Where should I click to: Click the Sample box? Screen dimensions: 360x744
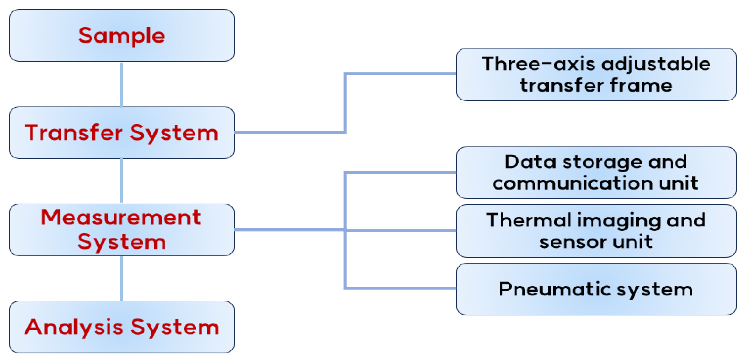click(x=122, y=36)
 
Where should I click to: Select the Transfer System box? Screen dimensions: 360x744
click(x=122, y=133)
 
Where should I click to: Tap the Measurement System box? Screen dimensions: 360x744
click(x=122, y=230)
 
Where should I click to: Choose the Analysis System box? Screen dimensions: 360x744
click(x=122, y=327)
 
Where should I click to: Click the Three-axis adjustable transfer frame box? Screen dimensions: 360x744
click(x=596, y=74)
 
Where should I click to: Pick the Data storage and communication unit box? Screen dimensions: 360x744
click(x=596, y=173)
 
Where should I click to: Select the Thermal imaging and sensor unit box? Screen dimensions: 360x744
click(x=596, y=231)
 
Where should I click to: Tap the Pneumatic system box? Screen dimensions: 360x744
click(x=596, y=289)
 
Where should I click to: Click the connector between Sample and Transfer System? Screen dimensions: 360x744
click(x=121, y=84)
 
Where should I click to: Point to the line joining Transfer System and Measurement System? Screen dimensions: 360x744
click(x=121, y=181)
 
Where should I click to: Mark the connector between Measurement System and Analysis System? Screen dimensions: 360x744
click(x=121, y=278)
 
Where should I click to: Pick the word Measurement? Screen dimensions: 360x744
click(x=121, y=218)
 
